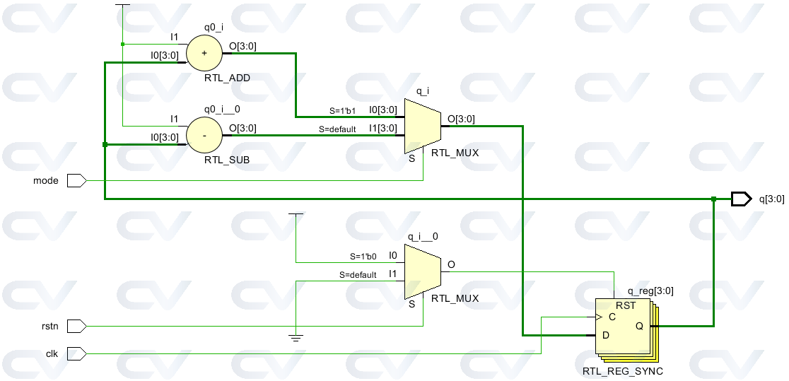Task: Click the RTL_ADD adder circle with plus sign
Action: [204, 53]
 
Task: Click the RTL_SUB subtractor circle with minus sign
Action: [204, 134]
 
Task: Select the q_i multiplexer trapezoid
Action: [422, 125]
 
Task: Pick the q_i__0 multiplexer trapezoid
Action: [422, 272]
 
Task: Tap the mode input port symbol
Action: [76, 181]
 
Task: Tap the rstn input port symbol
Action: [76, 326]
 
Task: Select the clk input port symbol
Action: [76, 353]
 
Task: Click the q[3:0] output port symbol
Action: [740, 199]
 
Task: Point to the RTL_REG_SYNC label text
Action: [622, 371]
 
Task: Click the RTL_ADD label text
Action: [227, 77]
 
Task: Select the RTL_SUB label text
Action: [227, 160]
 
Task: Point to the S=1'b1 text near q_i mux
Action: [342, 111]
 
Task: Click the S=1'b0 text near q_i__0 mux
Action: [363, 257]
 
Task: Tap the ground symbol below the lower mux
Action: [296, 337]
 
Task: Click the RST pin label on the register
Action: [626, 305]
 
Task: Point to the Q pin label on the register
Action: [638, 326]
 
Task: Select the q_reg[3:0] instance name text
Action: [650, 290]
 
